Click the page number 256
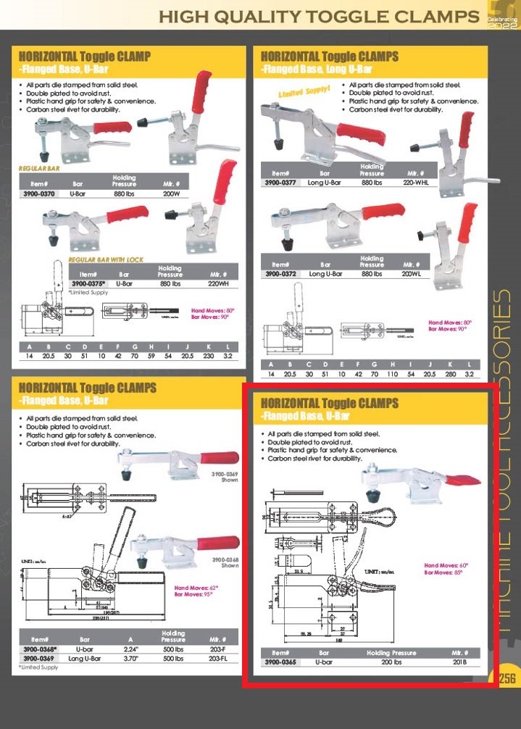pyautogui.click(x=506, y=678)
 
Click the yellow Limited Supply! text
pyautogui.click(x=304, y=91)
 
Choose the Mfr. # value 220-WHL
pyautogui.click(x=415, y=183)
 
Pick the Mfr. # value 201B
pyautogui.click(x=460, y=662)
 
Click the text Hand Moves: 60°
pyautogui.click(x=446, y=565)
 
